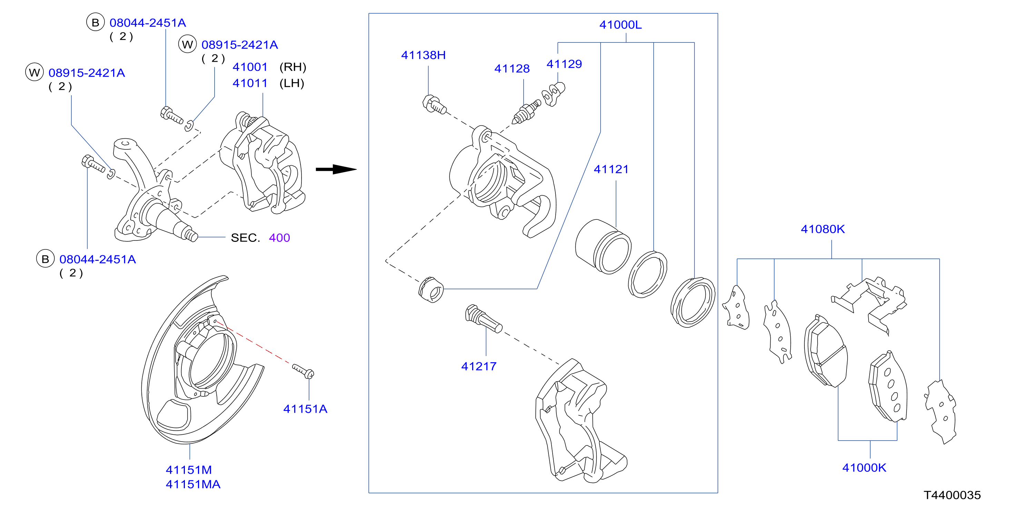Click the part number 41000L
pos(620,24)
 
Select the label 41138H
pos(423,55)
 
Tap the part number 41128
pos(512,69)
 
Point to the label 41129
pos(564,64)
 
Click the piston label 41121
pos(611,169)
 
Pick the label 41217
pos(479,366)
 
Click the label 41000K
pos(864,467)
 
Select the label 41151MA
pos(193,484)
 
